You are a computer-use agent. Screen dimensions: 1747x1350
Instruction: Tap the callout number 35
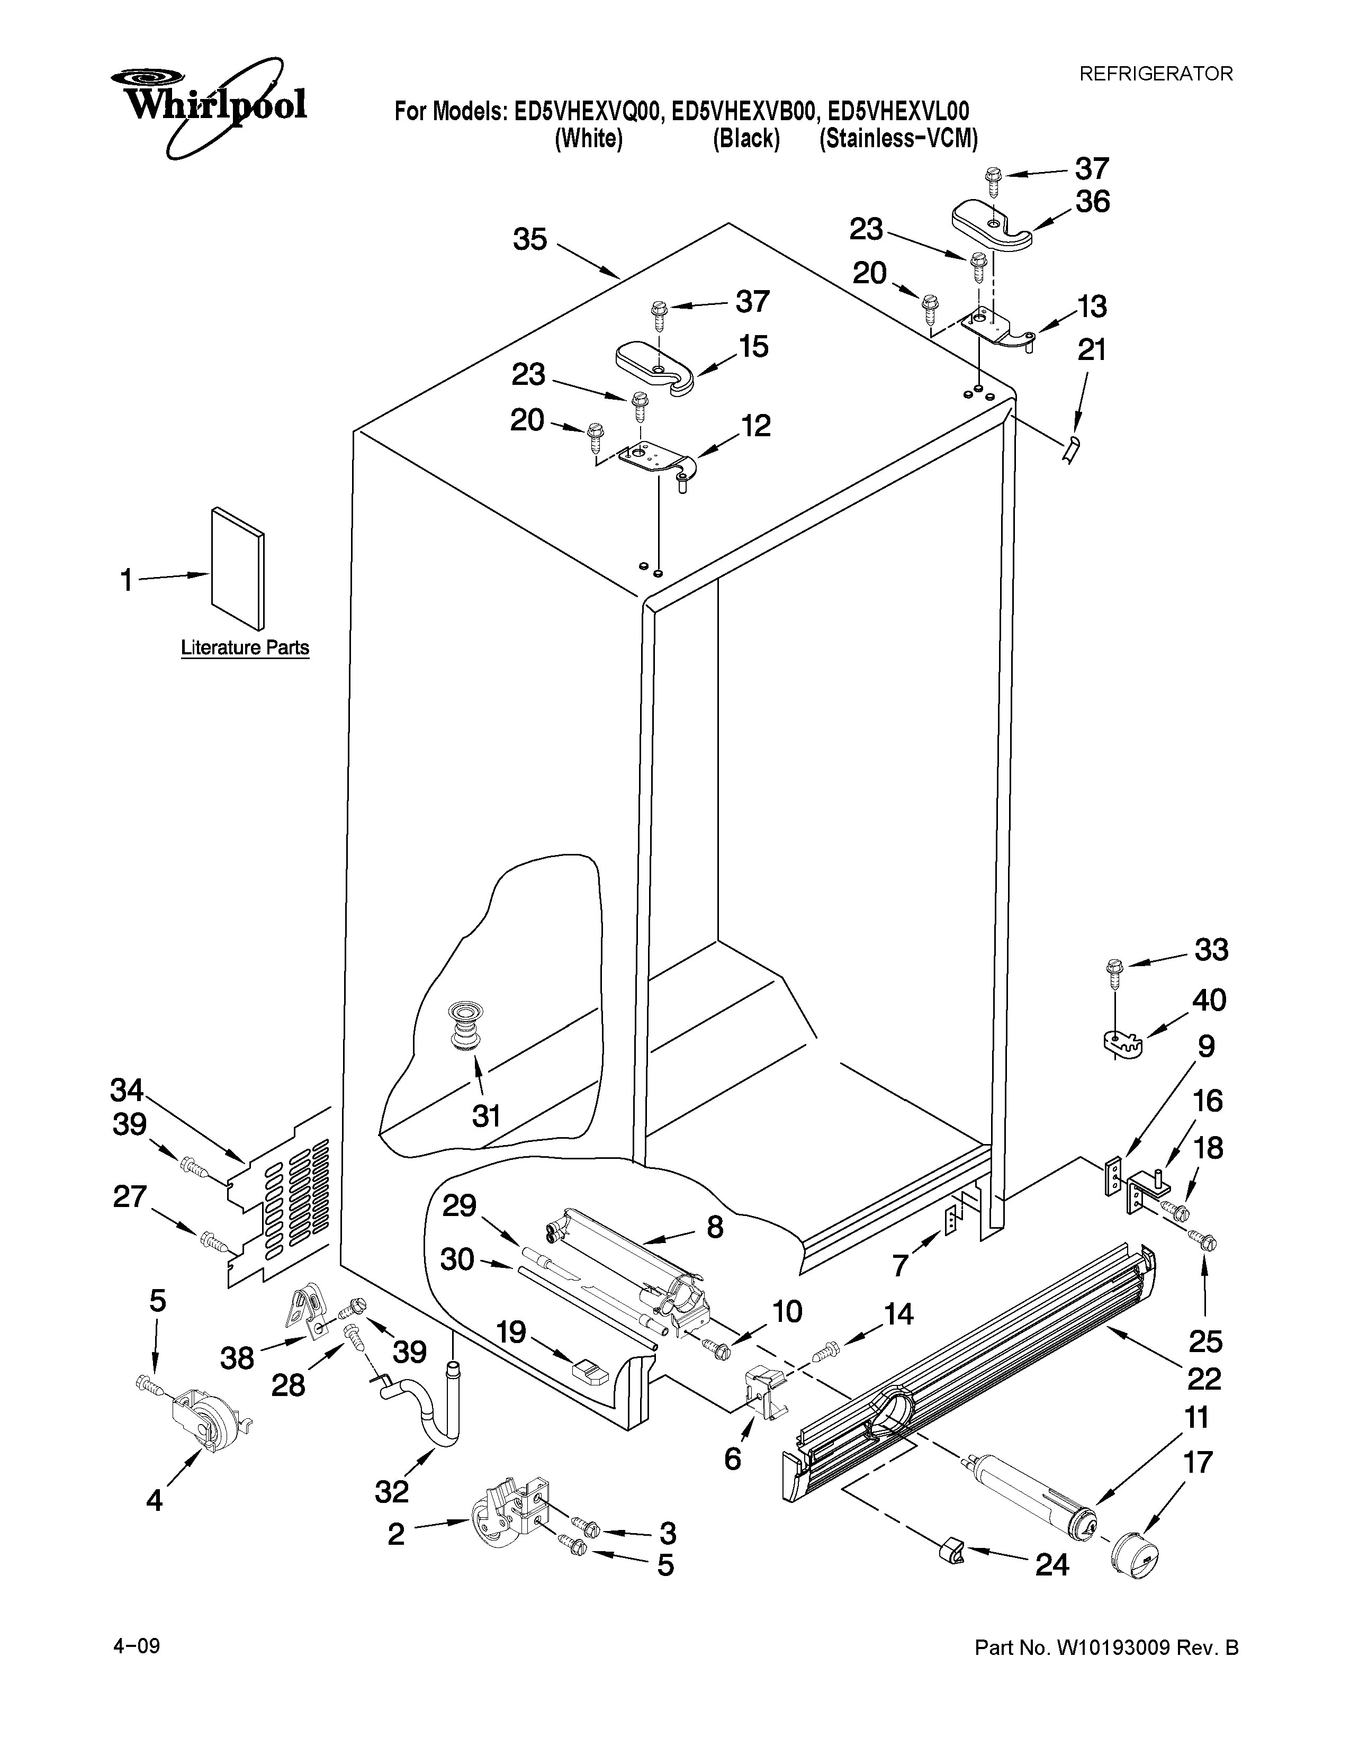529,239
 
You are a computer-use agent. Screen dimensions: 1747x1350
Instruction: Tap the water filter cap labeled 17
1136,1576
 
